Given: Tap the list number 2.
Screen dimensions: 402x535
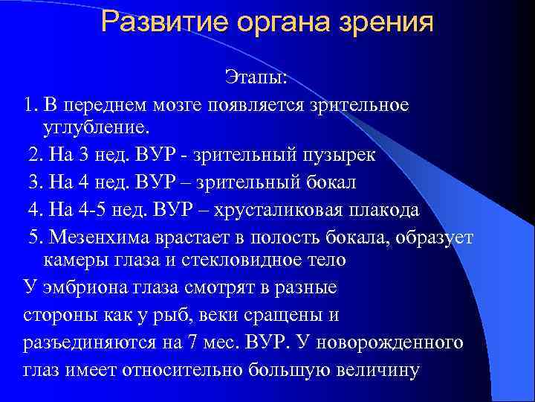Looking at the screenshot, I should (x=33, y=155).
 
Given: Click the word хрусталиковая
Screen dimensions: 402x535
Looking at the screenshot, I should (x=271, y=210).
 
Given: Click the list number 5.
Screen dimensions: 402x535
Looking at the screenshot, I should (x=34, y=237).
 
